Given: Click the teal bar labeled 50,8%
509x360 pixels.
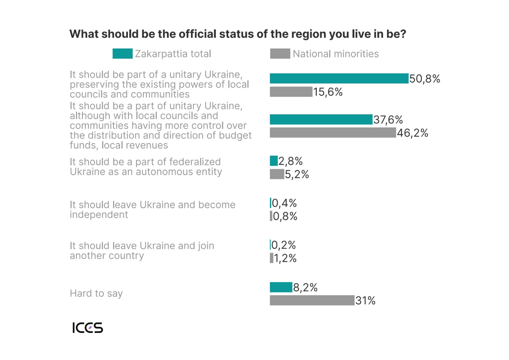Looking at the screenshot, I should click(339, 78).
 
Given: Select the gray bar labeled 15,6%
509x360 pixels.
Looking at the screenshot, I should click(291, 92).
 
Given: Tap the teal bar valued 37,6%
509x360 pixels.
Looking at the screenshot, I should click(321, 120).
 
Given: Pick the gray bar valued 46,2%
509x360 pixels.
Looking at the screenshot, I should click(333, 133).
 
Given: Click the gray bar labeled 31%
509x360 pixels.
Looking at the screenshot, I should click(312, 300).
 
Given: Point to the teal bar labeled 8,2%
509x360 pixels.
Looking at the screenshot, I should click(281, 287).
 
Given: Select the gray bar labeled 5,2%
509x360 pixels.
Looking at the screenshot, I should click(277, 174).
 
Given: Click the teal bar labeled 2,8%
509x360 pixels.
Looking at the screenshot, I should click(273, 161).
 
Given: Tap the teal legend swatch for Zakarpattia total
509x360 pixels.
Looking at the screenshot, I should click(122, 54).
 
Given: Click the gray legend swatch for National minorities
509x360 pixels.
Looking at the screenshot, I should click(280, 54).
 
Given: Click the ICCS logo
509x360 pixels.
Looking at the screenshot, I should click(88, 328).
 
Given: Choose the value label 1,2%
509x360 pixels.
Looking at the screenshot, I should click(285, 258).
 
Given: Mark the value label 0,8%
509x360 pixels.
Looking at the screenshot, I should click(285, 216).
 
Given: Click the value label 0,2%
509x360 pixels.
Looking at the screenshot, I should click(284, 245).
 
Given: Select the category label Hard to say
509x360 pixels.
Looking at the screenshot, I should click(96, 293).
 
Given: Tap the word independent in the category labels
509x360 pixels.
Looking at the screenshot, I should click(99, 215).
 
